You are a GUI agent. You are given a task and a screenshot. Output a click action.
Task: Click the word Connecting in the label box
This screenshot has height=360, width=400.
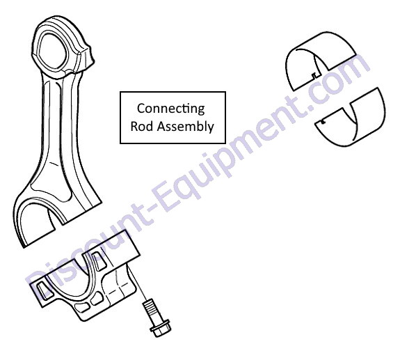tap(170, 109)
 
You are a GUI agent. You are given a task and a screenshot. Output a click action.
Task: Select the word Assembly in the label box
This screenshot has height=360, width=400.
tap(186, 127)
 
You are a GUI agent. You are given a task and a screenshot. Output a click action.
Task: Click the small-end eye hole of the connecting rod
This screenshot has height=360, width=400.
tap(52, 52)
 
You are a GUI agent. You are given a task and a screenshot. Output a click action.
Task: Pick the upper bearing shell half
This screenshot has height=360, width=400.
tap(321, 61)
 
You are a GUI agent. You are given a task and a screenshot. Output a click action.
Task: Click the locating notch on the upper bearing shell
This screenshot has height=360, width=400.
tap(314, 75)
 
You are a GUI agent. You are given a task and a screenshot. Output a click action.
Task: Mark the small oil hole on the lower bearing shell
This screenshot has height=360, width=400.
tap(323, 122)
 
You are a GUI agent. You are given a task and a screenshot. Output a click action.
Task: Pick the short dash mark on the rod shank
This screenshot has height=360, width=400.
tap(54, 164)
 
